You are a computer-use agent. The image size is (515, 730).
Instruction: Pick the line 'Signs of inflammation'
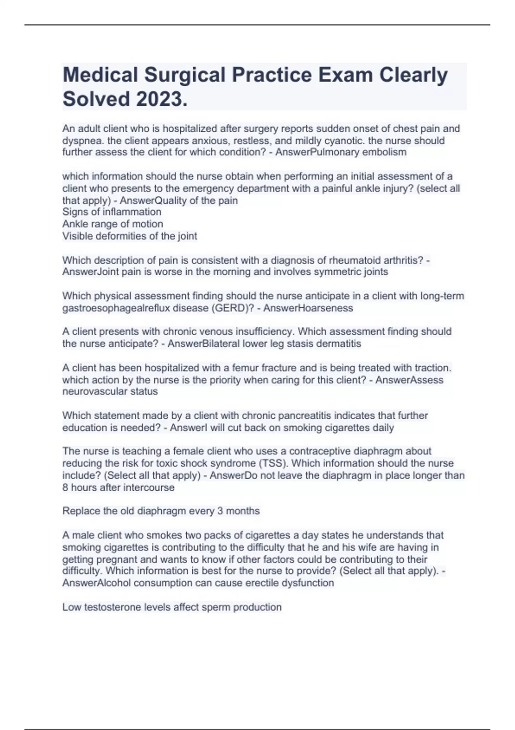pyautogui.click(x=112, y=212)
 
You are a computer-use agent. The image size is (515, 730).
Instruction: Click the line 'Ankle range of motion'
pyautogui.click(x=112, y=224)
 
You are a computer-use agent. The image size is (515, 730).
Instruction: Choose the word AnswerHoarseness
pyautogui.click(x=308, y=308)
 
